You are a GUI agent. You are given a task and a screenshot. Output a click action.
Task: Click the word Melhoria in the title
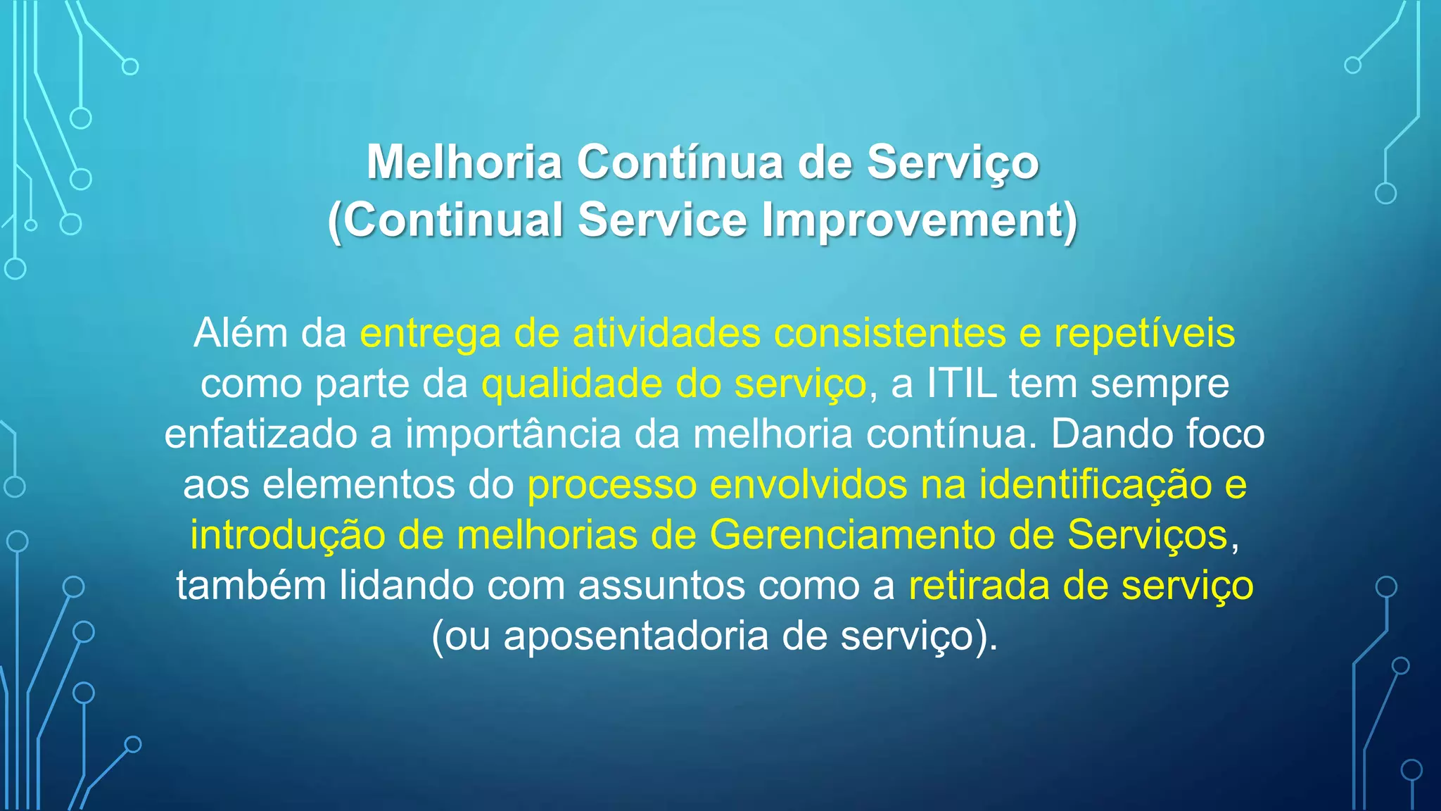click(x=464, y=163)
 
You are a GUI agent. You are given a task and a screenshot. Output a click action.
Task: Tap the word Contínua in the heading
click(x=680, y=163)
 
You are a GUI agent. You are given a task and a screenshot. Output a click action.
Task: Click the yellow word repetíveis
click(x=1144, y=333)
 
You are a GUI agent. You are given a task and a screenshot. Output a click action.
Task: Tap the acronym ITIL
click(x=961, y=384)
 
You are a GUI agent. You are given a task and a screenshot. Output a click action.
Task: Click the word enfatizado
click(x=260, y=434)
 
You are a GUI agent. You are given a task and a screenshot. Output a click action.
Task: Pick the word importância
click(x=513, y=434)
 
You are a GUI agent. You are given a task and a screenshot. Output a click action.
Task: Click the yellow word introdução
click(x=287, y=535)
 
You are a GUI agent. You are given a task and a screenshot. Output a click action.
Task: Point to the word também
click(x=251, y=586)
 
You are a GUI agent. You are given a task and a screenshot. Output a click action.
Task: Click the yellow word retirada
click(x=979, y=586)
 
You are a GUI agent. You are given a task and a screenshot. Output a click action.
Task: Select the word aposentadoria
click(x=636, y=636)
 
